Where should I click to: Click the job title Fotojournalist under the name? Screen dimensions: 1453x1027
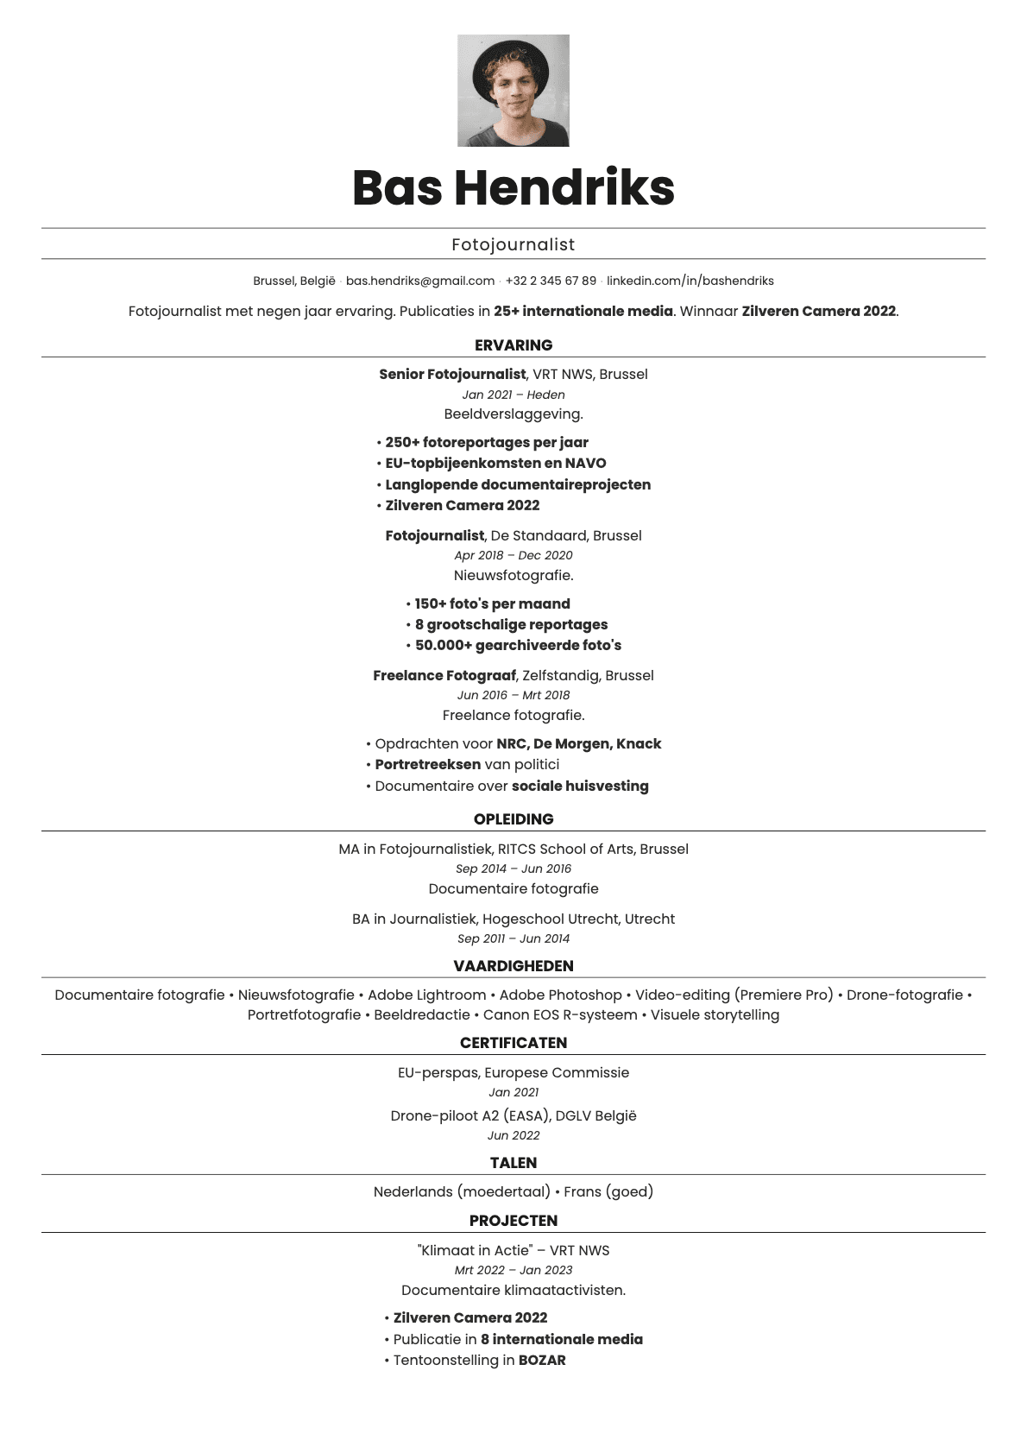(513, 244)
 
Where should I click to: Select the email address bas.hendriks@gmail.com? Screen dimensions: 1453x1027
(420, 281)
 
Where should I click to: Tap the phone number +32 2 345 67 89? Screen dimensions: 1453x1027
(551, 281)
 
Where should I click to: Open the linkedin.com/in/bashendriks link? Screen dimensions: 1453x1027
(690, 281)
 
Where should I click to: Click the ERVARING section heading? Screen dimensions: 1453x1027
(513, 345)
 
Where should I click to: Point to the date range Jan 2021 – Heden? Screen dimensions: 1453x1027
(513, 395)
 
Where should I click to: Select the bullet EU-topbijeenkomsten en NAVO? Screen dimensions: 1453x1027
(495, 464)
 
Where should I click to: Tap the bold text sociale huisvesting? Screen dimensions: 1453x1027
(580, 787)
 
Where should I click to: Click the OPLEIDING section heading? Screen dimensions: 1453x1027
(513, 819)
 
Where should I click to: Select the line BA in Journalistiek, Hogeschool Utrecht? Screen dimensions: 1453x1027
(513, 919)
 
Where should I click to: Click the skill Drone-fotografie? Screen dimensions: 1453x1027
(904, 995)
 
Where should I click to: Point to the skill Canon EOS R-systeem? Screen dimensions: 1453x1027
(560, 1015)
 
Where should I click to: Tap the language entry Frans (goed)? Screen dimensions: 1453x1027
(608, 1191)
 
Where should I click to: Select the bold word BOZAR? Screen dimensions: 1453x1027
(542, 1361)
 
